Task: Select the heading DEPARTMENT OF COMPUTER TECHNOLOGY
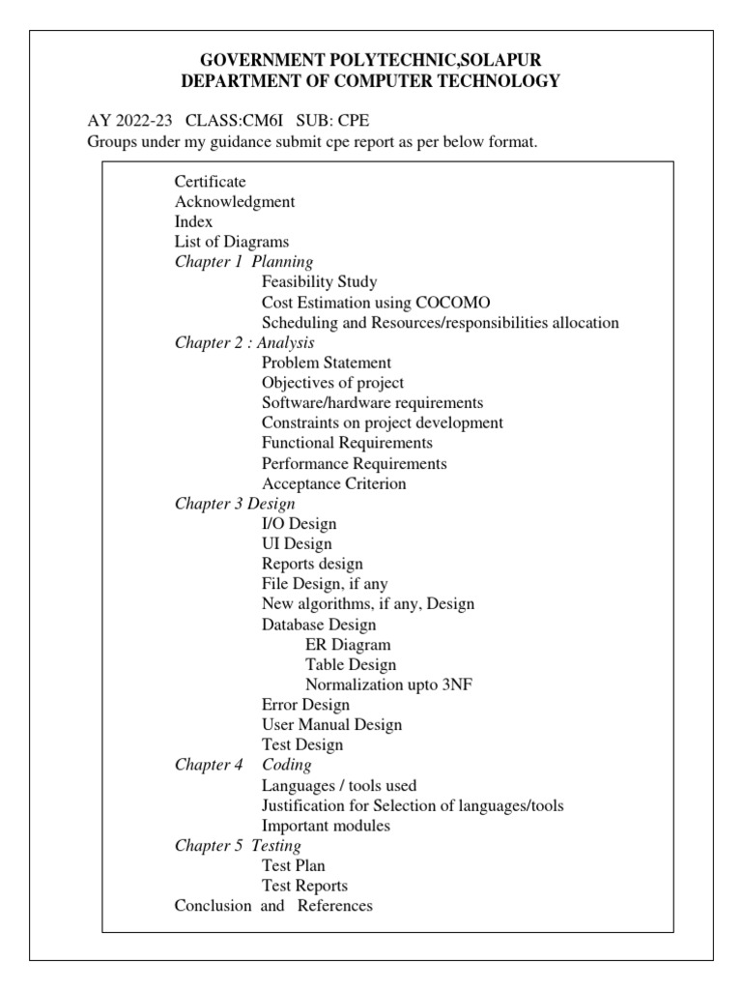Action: (370, 82)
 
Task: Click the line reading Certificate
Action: (210, 182)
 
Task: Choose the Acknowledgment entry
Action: (235, 202)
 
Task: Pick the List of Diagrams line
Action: (232, 242)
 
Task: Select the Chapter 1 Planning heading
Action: (243, 262)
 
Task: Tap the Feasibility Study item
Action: (319, 282)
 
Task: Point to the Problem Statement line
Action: (327, 363)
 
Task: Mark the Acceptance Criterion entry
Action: (333, 483)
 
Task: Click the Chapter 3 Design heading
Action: (235, 504)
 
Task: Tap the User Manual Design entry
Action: (331, 724)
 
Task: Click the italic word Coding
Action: (287, 765)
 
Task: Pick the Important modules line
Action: (326, 826)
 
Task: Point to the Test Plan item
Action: (294, 866)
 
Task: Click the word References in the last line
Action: (334, 906)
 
